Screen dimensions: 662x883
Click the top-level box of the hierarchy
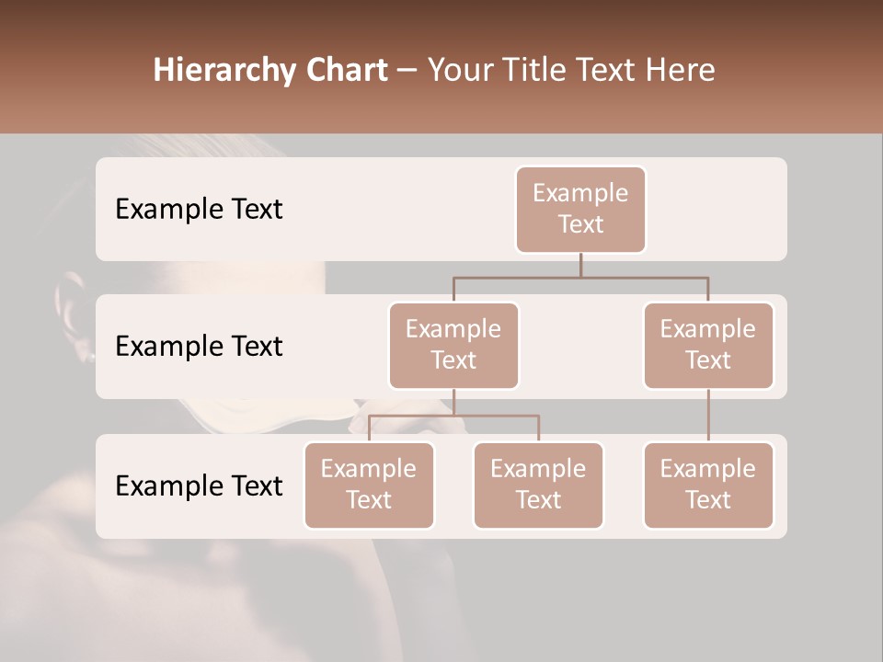(580, 209)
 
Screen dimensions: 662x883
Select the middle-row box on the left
(453, 345)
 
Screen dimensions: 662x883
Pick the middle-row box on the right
(708, 345)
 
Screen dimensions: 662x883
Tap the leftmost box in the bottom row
(369, 485)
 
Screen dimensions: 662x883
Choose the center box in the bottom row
(538, 485)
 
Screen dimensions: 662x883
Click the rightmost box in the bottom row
(708, 485)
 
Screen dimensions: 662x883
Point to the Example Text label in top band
(199, 209)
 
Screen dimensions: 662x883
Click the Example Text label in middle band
(199, 346)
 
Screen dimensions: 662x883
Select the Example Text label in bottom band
(199, 485)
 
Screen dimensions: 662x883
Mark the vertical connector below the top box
(580, 265)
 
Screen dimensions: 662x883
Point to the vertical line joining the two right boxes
(708, 416)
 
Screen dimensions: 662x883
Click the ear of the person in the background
(74, 317)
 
